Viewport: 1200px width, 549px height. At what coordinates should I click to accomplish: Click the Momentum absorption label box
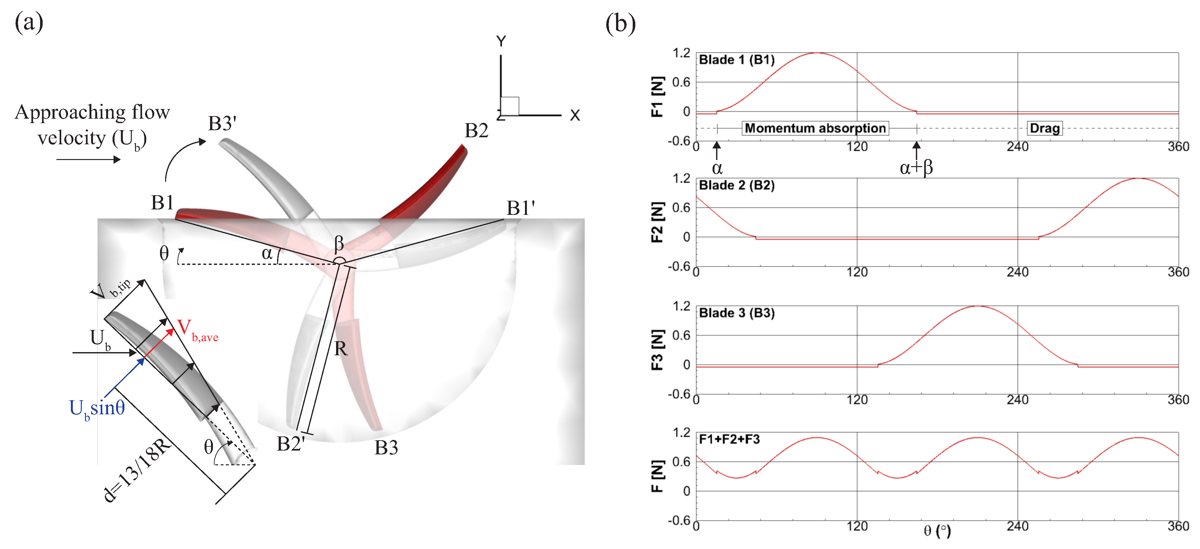pyautogui.click(x=815, y=128)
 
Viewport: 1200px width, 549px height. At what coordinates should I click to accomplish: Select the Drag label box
pyautogui.click(x=1044, y=128)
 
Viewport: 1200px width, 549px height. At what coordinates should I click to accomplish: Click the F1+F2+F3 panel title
pyautogui.click(x=729, y=439)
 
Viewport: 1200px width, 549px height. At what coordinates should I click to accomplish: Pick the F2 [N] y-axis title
pyautogui.click(x=657, y=222)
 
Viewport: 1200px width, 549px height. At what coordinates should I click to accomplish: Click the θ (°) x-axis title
pyautogui.click(x=937, y=531)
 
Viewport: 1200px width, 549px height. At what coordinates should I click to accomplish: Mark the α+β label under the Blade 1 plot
pyautogui.click(x=916, y=168)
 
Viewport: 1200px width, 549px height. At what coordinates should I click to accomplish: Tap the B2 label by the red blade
pyautogui.click(x=476, y=131)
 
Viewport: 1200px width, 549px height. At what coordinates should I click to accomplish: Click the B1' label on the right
pyautogui.click(x=520, y=208)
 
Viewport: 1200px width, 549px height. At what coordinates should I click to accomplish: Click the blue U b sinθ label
pyautogui.click(x=97, y=408)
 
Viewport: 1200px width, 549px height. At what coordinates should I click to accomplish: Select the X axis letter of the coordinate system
pyautogui.click(x=575, y=115)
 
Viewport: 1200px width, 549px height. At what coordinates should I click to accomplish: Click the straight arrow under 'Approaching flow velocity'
pyautogui.click(x=89, y=160)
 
